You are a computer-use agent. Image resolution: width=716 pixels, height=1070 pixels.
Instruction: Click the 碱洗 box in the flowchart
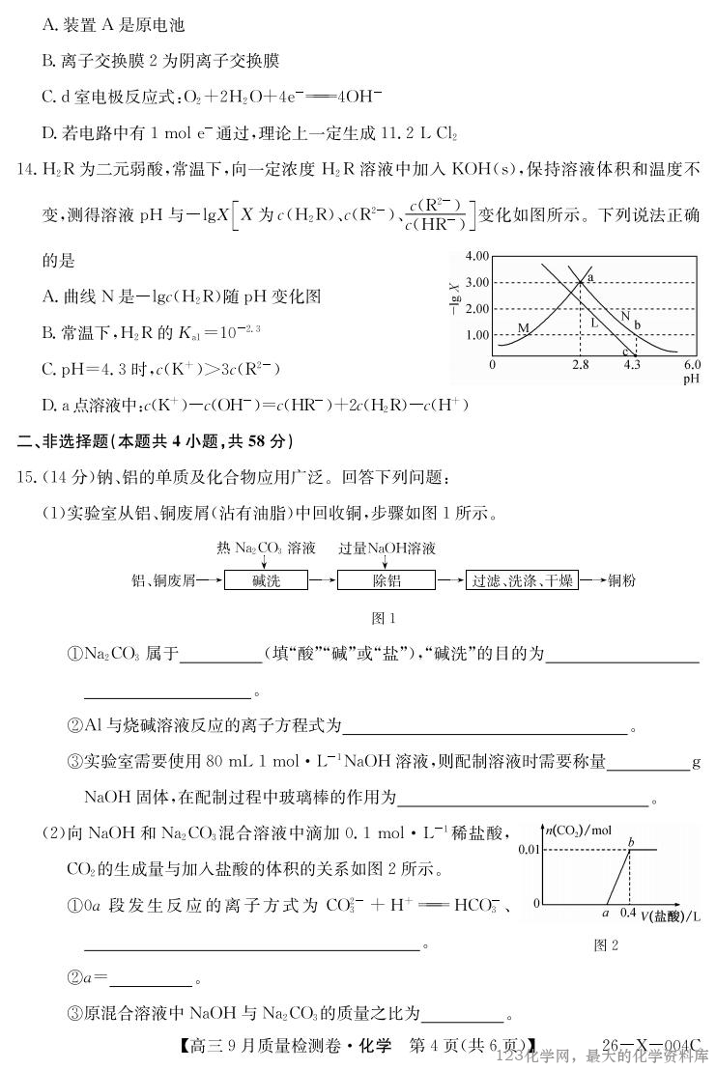(266, 580)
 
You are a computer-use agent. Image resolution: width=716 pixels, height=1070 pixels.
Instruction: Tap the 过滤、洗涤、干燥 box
(522, 580)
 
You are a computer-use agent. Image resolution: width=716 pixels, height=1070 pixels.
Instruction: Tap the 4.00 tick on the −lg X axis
(478, 257)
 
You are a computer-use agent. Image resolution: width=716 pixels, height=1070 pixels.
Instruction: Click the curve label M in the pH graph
(523, 328)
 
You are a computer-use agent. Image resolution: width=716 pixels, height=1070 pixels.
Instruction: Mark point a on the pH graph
(589, 278)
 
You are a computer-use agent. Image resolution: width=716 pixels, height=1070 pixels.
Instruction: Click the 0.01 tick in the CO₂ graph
(530, 849)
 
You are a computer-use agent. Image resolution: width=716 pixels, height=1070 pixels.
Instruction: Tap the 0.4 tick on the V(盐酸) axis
(628, 913)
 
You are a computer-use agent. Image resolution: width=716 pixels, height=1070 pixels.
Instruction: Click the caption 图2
(606, 945)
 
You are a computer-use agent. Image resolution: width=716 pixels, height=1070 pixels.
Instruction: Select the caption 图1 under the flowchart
(384, 618)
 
